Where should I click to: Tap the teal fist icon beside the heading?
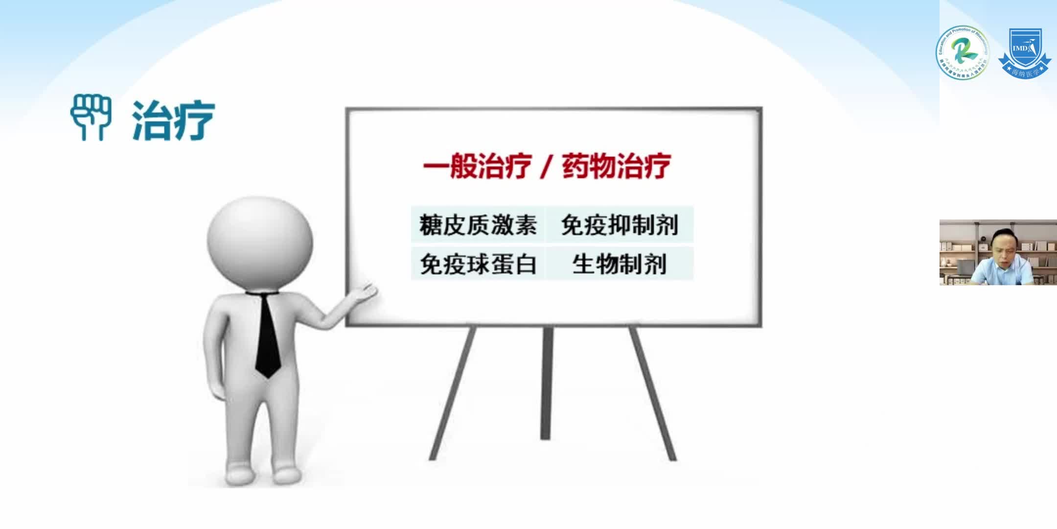pos(91,118)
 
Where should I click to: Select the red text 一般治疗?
pos(477,166)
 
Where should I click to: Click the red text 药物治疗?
pos(616,166)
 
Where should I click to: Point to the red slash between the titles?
pos(546,167)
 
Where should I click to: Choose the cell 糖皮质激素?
pos(478,225)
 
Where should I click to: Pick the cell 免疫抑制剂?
pos(620,225)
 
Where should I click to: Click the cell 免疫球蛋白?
pos(478,264)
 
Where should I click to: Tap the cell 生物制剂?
pos(620,264)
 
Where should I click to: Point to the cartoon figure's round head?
pos(259,242)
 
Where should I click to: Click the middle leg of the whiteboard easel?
pos(547,382)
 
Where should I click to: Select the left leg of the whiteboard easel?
pos(453,392)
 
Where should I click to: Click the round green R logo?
pos(962,52)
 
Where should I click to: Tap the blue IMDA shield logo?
pos(1024,52)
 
